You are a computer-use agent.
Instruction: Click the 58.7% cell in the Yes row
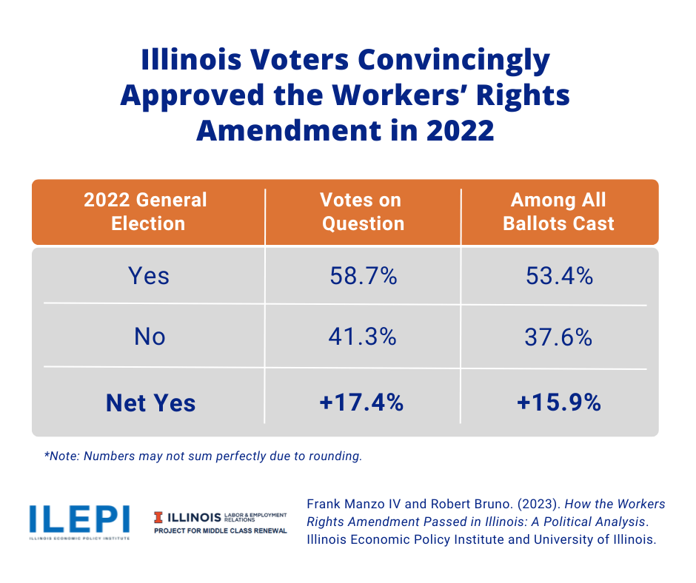pyautogui.click(x=363, y=277)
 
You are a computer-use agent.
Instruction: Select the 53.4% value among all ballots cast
pyautogui.click(x=558, y=277)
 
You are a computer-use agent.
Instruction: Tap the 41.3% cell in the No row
pyautogui.click(x=363, y=337)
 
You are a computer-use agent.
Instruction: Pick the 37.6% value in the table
pyautogui.click(x=558, y=337)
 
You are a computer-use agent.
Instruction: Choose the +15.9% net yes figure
pyautogui.click(x=558, y=402)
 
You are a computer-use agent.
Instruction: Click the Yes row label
pyautogui.click(x=149, y=277)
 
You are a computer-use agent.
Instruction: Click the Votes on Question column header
pyautogui.click(x=362, y=212)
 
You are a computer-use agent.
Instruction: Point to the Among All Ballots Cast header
pyautogui.click(x=558, y=212)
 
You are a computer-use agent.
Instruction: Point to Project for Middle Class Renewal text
pyautogui.click(x=221, y=531)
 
